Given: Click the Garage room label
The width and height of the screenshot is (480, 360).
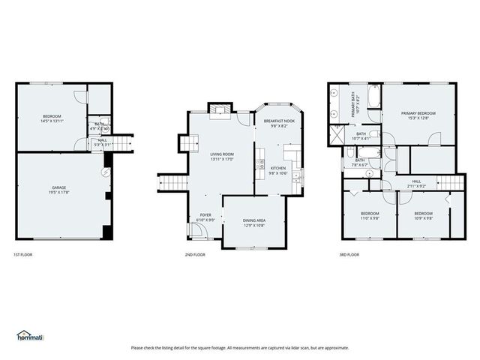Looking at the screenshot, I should tap(58, 187).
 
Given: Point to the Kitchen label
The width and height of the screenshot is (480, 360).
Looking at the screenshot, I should tap(278, 168).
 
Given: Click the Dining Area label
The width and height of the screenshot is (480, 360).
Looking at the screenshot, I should tap(254, 220).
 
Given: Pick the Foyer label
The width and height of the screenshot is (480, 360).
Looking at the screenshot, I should tap(205, 215).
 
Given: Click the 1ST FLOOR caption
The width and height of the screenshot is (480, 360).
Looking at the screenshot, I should tap(23, 255).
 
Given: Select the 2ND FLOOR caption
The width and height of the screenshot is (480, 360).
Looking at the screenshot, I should tap(195, 255).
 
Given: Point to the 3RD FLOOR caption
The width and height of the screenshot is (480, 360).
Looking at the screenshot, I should tap(349, 255).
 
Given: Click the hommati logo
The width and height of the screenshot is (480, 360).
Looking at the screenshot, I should tap(31, 334).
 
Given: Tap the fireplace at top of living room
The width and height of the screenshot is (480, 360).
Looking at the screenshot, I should tap(218, 110).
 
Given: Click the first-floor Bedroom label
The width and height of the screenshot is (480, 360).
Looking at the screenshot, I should tap(52, 116).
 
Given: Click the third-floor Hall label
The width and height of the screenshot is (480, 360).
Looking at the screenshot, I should tap(416, 181).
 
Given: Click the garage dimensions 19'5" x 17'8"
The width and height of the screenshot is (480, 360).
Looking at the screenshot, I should tap(58, 193).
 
